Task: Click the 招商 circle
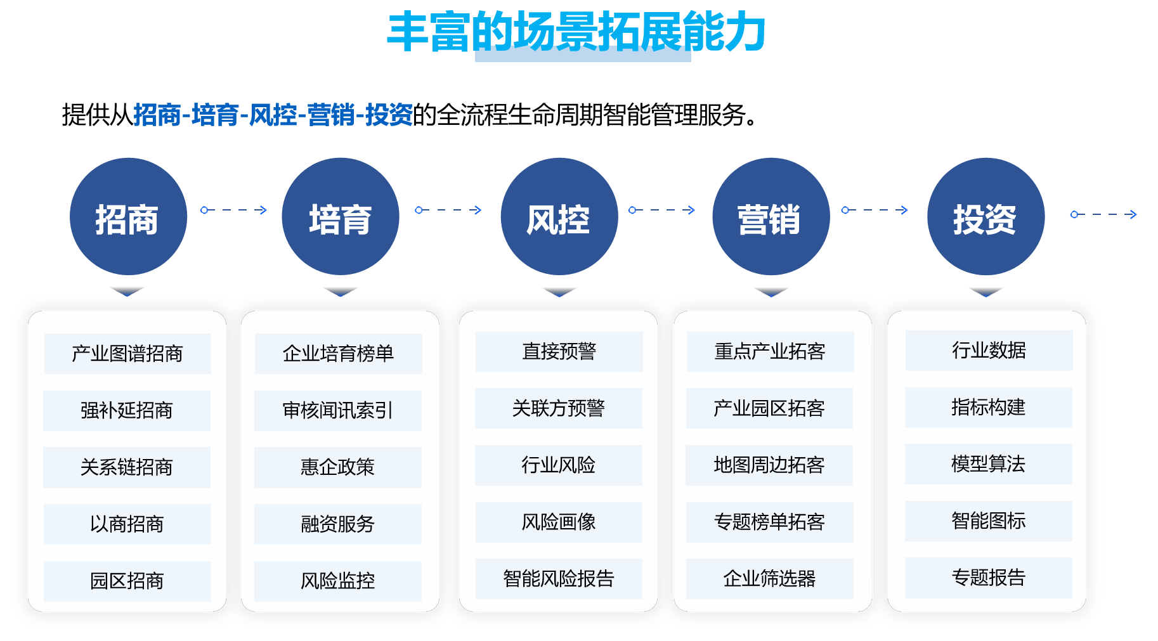pos(128,217)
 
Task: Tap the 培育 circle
pos(341,217)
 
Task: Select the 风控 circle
pos(559,217)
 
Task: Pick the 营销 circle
pos(771,217)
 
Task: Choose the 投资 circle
pos(986,217)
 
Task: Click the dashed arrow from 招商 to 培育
pos(234,210)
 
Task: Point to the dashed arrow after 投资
pos(1103,214)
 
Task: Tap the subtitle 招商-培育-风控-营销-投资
pos(273,115)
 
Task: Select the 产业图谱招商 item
pos(127,353)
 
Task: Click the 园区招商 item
pos(127,581)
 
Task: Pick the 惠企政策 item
pos(338,467)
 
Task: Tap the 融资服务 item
pos(338,524)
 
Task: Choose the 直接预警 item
pos(559,351)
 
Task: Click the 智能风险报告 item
pos(559,578)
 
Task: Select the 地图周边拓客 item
pos(769,465)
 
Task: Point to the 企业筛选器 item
pos(769,578)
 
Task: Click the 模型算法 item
pos(988,463)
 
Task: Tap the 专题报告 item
pos(988,577)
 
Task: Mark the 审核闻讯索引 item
pos(338,410)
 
